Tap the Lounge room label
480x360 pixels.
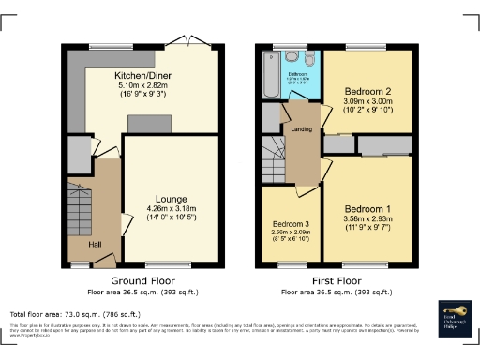pyautogui.click(x=172, y=199)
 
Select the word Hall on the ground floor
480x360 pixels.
pyautogui.click(x=95, y=244)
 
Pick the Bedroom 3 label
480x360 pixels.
pyautogui.click(x=291, y=225)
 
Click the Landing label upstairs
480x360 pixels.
pyautogui.click(x=301, y=129)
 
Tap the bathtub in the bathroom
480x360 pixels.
pyautogui.click(x=272, y=75)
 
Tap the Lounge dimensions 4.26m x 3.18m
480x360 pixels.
pyautogui.click(x=172, y=208)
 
